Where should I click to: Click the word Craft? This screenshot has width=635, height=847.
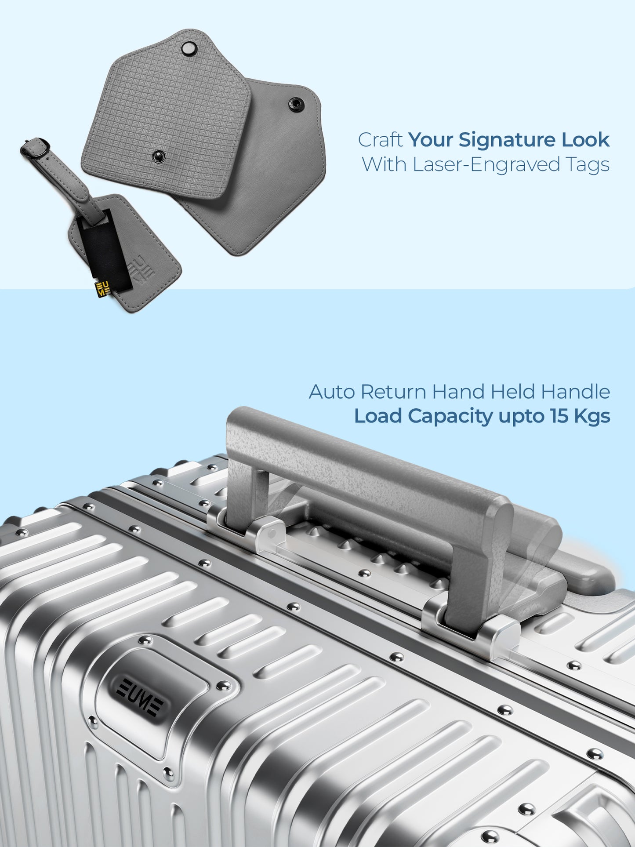[x=380, y=140]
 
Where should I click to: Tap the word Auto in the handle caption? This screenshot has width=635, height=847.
[x=332, y=392]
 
